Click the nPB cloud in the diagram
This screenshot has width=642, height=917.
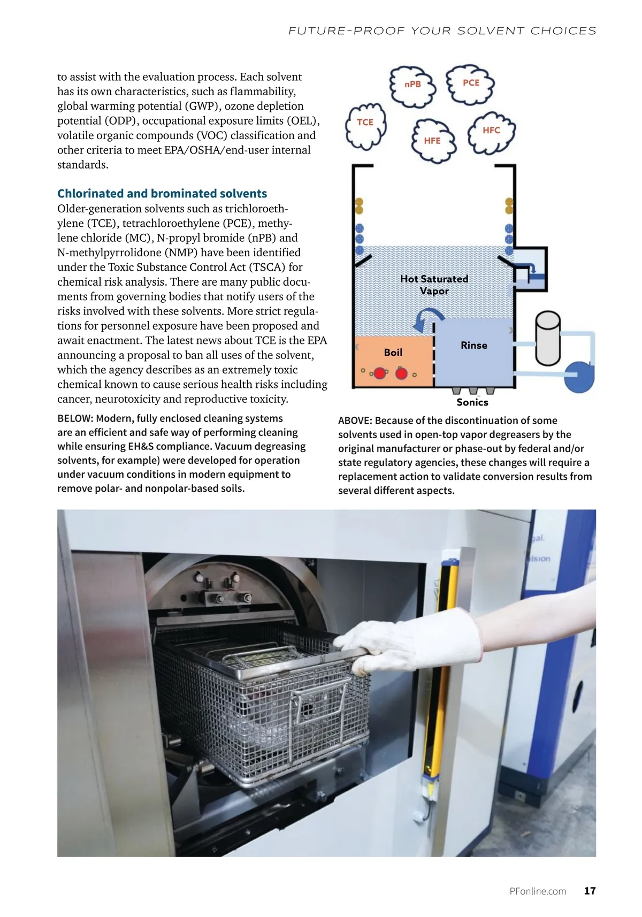click(x=412, y=85)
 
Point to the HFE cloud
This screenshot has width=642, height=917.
click(x=432, y=141)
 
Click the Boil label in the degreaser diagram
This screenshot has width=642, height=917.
click(x=393, y=353)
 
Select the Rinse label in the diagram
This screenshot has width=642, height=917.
click(x=474, y=346)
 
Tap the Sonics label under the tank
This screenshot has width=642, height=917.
click(x=472, y=402)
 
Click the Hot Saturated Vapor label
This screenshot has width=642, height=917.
click(x=434, y=285)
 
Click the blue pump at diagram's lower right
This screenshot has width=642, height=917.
click(x=580, y=376)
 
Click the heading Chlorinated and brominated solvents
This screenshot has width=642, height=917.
click(x=162, y=194)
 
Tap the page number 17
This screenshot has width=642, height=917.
click(x=590, y=891)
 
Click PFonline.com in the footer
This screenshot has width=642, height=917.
click(x=538, y=891)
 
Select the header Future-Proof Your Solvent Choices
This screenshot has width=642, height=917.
click(x=442, y=31)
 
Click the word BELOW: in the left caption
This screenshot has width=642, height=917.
click(x=75, y=418)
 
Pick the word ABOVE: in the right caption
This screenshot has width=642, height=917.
click(x=355, y=421)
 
